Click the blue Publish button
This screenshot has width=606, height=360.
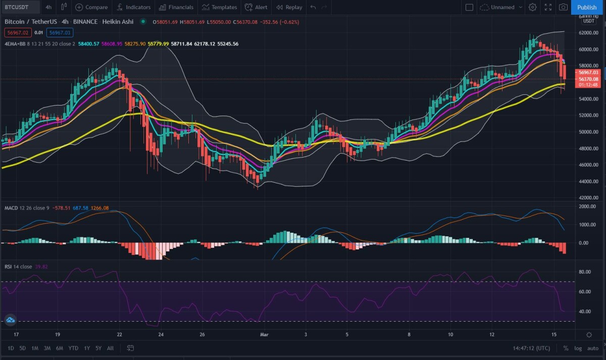[x=587, y=7]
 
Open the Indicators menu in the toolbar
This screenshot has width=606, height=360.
[x=134, y=7]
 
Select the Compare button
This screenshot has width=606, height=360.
[x=92, y=7]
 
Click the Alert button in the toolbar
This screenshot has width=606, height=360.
[x=256, y=7]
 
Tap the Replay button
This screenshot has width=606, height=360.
[x=289, y=7]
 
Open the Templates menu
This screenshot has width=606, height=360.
[x=220, y=7]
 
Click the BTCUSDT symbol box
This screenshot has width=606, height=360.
[x=19, y=7]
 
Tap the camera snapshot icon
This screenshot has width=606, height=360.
[x=563, y=7]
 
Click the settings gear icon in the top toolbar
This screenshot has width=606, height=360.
[x=532, y=7]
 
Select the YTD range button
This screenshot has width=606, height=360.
[x=73, y=348]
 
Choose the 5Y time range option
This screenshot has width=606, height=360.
[x=98, y=348]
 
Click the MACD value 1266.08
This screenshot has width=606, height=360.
[x=99, y=208]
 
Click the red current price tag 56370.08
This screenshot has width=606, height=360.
[x=589, y=79]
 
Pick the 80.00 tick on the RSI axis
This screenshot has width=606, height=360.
[x=585, y=272]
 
